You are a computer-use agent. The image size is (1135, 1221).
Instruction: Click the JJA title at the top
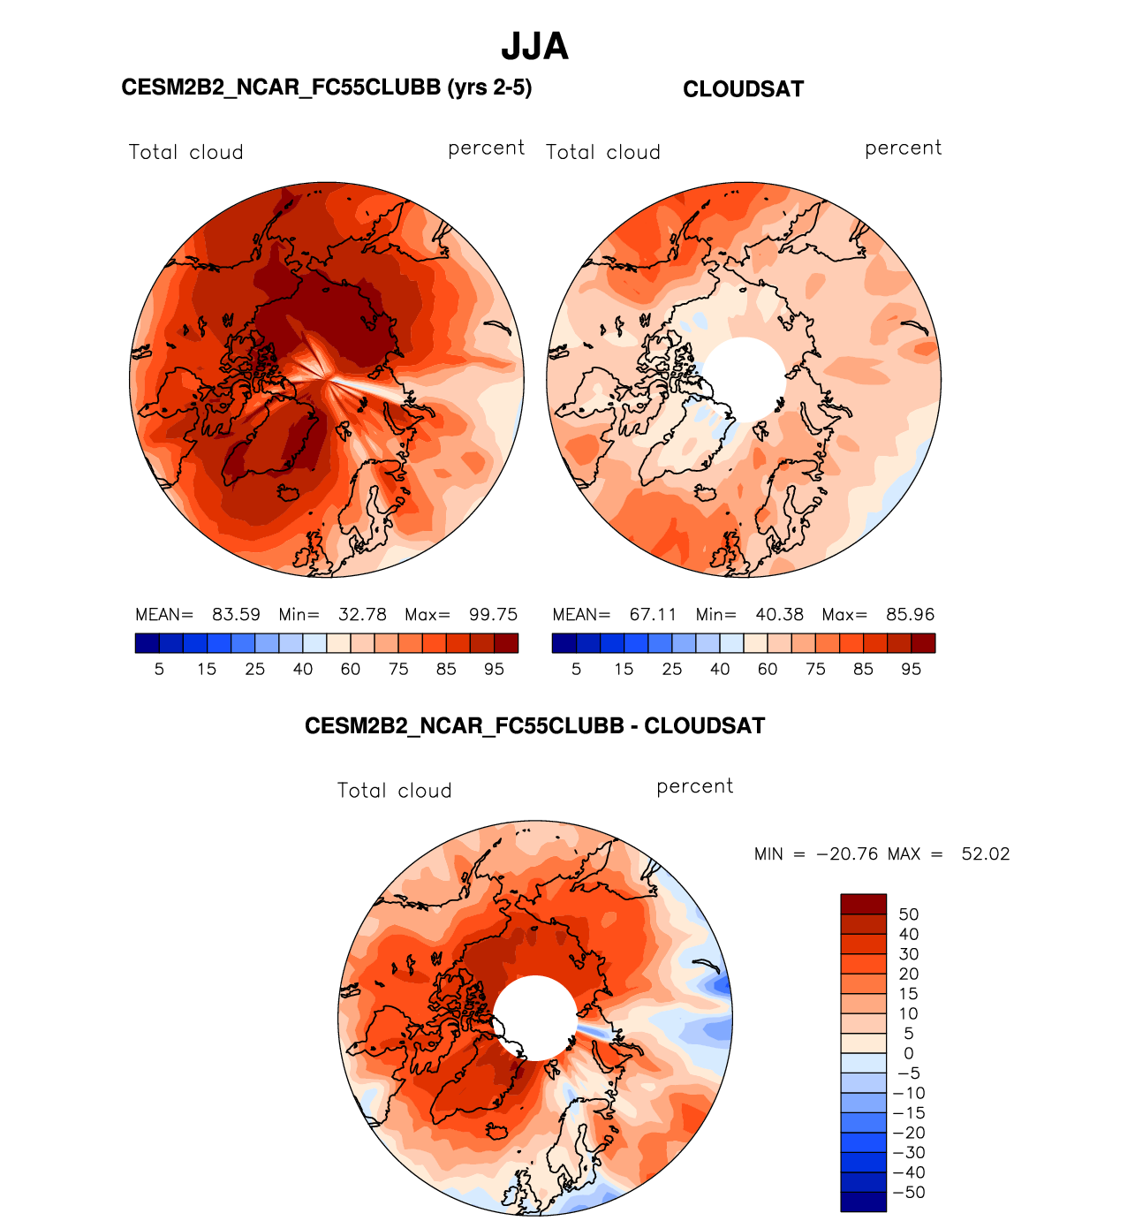point(534,47)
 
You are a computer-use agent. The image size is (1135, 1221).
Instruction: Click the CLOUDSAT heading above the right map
point(743,89)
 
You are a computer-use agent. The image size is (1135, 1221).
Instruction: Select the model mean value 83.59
point(236,615)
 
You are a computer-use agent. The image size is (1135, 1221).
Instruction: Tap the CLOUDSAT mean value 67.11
point(653,615)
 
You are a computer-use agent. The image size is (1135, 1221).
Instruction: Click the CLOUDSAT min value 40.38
point(780,615)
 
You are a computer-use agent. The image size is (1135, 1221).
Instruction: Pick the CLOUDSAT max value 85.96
point(910,615)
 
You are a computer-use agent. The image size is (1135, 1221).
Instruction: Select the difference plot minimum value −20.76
point(847,854)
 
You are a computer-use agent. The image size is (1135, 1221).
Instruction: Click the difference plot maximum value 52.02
point(985,854)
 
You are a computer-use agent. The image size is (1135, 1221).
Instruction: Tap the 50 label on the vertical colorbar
point(909,914)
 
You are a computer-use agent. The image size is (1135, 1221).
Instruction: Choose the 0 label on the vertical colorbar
point(909,1053)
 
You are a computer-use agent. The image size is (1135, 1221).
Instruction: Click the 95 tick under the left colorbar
point(494,670)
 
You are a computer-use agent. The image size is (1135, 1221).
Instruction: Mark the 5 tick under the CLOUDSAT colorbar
point(576,670)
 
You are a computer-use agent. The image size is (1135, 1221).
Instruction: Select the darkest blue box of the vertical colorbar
point(863,1202)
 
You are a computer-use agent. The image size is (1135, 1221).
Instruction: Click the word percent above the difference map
point(694,786)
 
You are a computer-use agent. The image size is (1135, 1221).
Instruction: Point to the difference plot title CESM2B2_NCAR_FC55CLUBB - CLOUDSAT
point(534,726)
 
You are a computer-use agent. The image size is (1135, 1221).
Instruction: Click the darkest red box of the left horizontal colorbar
point(506,643)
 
